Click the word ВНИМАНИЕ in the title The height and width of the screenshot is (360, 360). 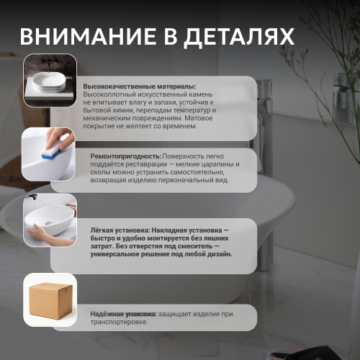[88, 37]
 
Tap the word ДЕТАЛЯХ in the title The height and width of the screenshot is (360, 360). [239, 37]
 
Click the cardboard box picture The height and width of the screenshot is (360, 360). [50, 301]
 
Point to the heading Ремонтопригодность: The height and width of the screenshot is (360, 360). [126, 156]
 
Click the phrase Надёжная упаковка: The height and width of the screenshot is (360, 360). [124, 314]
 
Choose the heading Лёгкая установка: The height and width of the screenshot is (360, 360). [120, 230]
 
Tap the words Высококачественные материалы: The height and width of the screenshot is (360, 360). [140, 86]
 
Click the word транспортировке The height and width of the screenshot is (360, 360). [119, 322]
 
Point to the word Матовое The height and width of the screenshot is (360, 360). [199, 118]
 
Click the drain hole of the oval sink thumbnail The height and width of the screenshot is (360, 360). [49, 223]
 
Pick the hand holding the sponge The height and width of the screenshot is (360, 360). [60, 138]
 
